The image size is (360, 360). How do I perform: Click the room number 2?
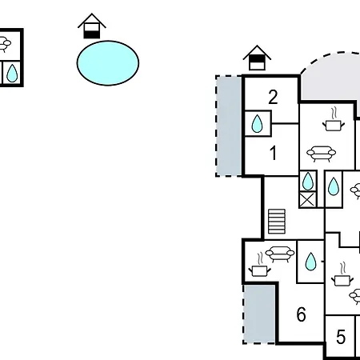(273, 97)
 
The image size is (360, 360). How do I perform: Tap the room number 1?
(273, 153)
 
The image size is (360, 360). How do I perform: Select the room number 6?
(302, 314)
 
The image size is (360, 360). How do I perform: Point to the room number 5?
(341, 337)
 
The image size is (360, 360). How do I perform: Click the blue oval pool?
(108, 63)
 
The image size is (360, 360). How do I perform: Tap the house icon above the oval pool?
(92, 26)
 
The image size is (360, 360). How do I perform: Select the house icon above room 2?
(257, 58)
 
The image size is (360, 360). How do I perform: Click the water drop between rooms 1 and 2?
(258, 123)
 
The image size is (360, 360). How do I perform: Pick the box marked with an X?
(307, 199)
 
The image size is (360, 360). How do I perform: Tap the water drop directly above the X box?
(308, 182)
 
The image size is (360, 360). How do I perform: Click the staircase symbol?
(277, 222)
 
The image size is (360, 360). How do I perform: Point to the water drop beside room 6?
(310, 262)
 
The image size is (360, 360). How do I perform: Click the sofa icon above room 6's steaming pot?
(280, 254)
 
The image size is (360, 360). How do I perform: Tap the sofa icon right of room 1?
(321, 154)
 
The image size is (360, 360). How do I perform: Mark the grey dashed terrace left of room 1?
(229, 126)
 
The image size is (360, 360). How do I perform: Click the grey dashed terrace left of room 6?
(259, 314)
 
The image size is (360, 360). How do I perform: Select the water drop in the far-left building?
(12, 73)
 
